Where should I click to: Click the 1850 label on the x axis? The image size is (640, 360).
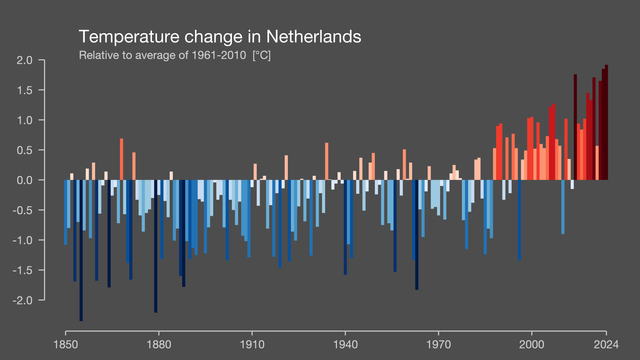point(65,343)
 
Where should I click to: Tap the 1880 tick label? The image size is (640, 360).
point(158,343)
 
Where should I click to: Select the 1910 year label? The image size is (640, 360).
point(251,343)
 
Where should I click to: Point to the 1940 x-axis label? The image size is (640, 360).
point(345,343)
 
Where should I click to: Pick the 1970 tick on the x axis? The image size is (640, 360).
point(438,343)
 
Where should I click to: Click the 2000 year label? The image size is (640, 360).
point(531,343)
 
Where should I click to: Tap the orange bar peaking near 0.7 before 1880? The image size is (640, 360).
point(121,160)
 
